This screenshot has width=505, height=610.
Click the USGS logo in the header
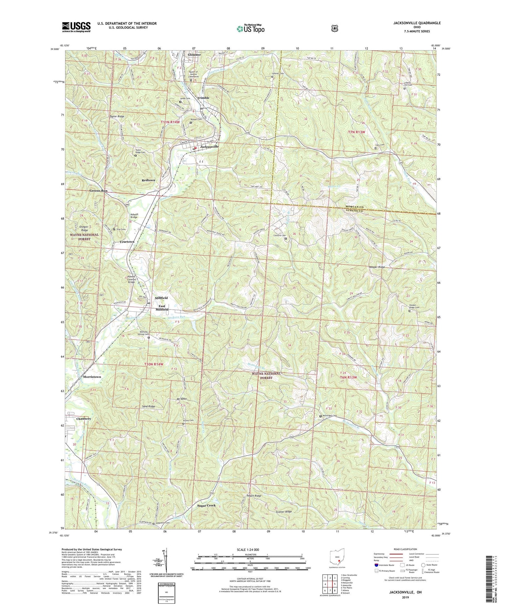point(76,27)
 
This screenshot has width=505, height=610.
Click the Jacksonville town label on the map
point(209,147)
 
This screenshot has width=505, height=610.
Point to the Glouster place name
point(194,55)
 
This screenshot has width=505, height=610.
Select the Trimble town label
point(203,98)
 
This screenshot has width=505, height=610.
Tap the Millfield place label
point(161,298)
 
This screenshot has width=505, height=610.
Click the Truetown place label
point(126,242)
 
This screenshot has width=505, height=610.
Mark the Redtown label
point(149,180)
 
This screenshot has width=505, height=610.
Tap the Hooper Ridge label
point(377,267)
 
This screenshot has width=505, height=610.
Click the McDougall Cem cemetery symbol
point(320,416)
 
